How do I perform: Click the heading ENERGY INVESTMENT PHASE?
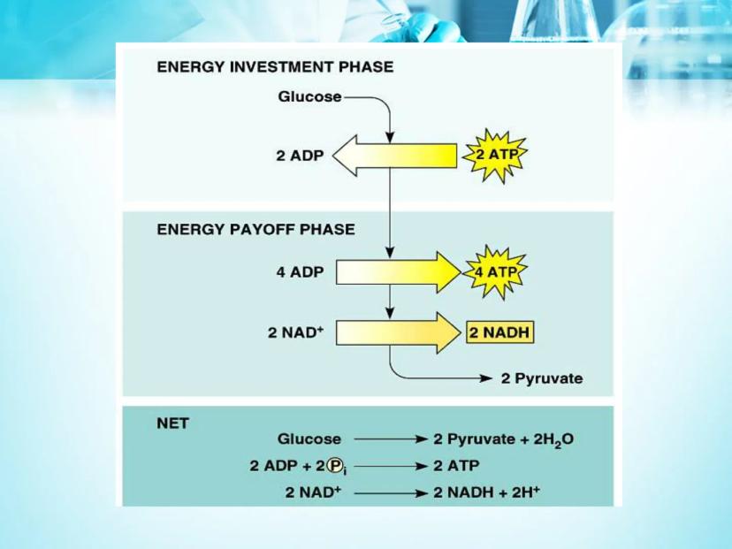tap(275, 67)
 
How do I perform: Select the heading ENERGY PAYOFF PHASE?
tap(255, 229)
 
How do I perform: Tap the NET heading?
tap(172, 423)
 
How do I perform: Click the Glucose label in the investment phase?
tap(309, 96)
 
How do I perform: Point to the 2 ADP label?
tap(300, 156)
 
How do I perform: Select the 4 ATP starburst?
tap(493, 271)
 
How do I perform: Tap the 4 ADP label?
tap(300, 272)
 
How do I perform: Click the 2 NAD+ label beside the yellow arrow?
tap(296, 333)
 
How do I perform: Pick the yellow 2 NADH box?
tap(499, 332)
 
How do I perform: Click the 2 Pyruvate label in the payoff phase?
tap(541, 378)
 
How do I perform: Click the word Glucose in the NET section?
tap(309, 439)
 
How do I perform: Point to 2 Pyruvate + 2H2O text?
tap(503, 439)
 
